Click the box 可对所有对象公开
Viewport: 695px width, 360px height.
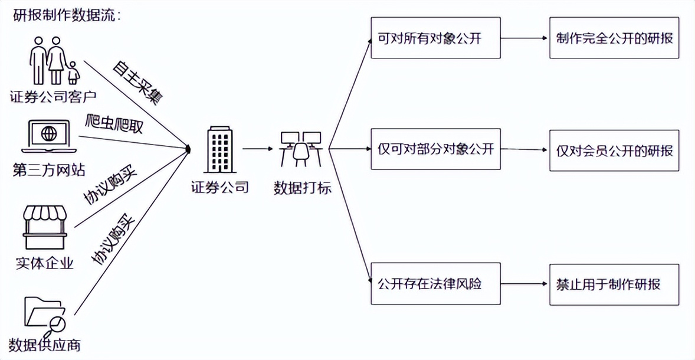(436, 38)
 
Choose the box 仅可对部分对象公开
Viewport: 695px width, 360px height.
(436, 149)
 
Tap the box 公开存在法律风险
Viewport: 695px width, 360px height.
(436, 284)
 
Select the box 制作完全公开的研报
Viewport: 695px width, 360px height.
(614, 38)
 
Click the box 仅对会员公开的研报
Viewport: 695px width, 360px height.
(614, 150)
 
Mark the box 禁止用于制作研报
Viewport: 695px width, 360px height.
(614, 284)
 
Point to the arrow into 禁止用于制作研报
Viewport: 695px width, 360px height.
(524, 284)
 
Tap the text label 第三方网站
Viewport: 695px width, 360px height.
(49, 171)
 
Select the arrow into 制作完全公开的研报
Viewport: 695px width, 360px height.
(524, 38)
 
